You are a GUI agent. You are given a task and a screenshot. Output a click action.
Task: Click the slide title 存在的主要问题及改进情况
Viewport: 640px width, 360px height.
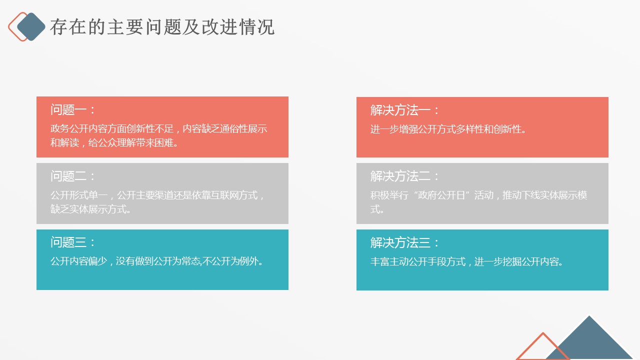[x=162, y=27]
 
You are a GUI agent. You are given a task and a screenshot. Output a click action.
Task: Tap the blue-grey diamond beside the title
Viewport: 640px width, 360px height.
[x=31, y=26]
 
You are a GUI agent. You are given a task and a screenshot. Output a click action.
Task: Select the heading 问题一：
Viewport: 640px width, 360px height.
[x=72, y=109]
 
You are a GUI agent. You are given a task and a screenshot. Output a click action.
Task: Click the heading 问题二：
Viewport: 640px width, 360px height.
[x=72, y=176]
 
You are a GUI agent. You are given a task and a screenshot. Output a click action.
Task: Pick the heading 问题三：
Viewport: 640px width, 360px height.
[x=72, y=242]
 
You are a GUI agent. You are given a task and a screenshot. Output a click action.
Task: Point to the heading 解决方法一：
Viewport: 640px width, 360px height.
[x=404, y=110]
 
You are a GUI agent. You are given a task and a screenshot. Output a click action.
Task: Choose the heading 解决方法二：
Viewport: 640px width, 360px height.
[x=404, y=176]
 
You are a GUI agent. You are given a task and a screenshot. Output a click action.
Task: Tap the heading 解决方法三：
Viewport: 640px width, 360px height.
[x=404, y=243]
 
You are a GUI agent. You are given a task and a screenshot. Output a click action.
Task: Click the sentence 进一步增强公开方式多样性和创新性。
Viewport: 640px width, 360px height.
[x=448, y=129]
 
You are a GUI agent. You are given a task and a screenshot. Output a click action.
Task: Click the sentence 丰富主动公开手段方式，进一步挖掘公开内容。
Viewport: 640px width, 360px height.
[x=466, y=261]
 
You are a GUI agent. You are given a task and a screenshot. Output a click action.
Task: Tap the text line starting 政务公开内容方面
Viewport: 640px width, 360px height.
[x=159, y=129]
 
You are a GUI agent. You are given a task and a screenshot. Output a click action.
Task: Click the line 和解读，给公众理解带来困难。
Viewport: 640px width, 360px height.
[x=114, y=142]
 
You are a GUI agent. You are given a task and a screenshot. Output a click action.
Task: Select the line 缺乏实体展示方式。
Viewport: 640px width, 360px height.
[x=90, y=209]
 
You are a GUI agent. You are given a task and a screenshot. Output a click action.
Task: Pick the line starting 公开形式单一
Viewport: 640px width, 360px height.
[x=157, y=195]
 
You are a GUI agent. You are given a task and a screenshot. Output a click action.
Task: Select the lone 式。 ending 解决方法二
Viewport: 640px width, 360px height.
[x=377, y=209]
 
